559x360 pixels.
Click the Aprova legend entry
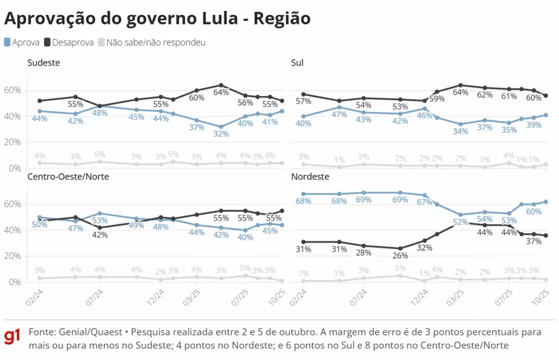point(22,42)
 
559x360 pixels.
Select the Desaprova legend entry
point(69,42)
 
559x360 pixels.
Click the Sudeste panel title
point(44,63)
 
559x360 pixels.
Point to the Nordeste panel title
point(310,177)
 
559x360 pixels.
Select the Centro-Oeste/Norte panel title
point(68,177)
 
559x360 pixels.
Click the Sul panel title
point(298,63)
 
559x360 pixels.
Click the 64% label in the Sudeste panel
point(221,92)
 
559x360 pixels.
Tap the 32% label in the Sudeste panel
point(221,134)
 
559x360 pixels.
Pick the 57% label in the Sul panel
point(303,102)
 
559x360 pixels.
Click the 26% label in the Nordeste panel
point(400,256)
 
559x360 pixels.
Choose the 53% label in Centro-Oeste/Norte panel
point(100,221)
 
